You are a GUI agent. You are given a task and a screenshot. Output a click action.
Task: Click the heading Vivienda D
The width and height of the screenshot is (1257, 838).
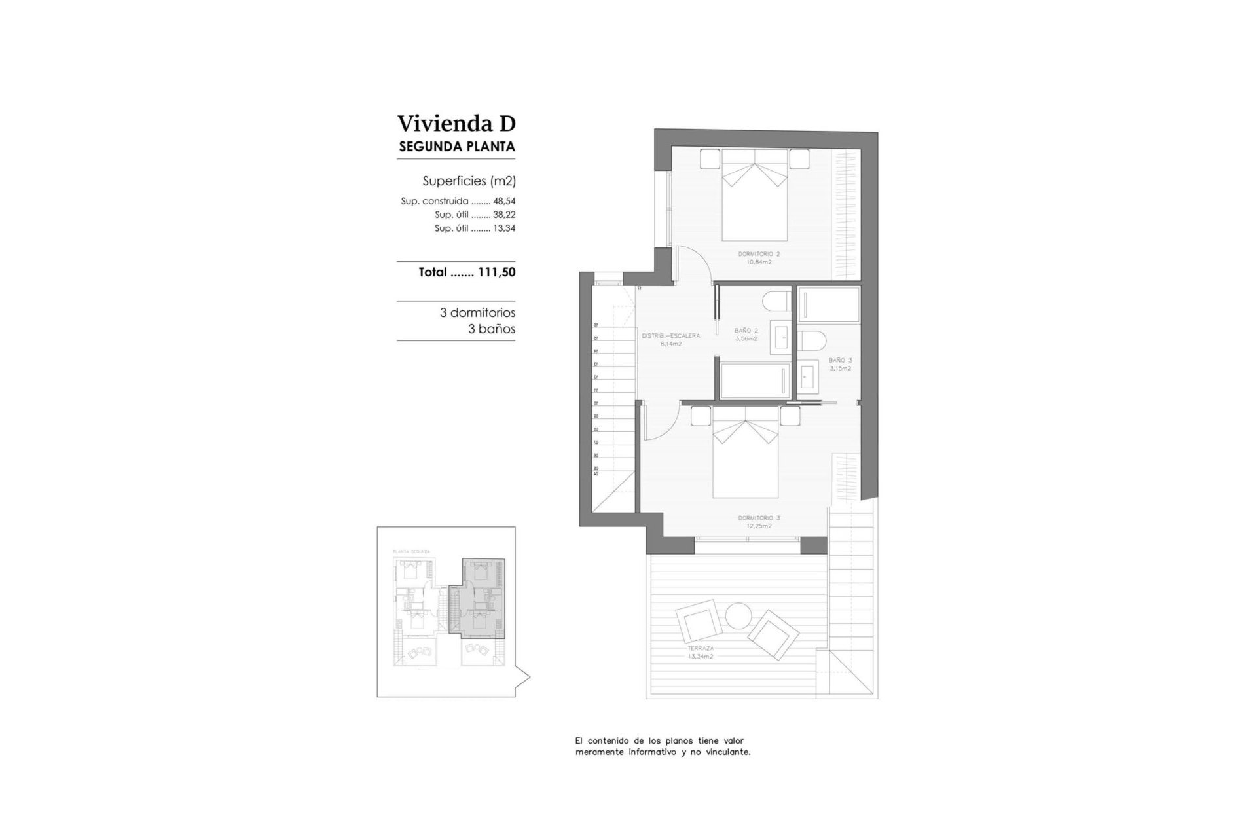click(x=456, y=123)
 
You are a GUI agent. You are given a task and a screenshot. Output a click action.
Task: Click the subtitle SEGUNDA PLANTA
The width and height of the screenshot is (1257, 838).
click(x=457, y=147)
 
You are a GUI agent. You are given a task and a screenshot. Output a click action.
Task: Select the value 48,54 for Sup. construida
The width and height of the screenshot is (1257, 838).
click(x=504, y=202)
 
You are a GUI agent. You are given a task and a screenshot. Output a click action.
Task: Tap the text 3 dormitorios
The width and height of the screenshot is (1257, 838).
click(x=477, y=313)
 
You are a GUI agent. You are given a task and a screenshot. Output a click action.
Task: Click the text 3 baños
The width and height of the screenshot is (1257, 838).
click(x=491, y=329)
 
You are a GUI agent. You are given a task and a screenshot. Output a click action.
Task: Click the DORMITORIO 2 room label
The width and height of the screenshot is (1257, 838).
click(x=759, y=254)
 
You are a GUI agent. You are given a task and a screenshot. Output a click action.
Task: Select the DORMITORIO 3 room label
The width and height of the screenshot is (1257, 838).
click(x=759, y=518)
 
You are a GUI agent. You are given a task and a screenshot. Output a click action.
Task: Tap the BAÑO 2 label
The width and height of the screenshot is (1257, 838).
click(x=746, y=331)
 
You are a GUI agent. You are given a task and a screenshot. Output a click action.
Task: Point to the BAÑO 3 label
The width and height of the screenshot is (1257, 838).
click(x=840, y=360)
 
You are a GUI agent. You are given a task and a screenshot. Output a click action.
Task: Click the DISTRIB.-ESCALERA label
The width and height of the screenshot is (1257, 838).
click(x=670, y=336)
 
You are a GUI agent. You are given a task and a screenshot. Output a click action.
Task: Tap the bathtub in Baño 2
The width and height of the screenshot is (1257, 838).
click(x=753, y=380)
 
